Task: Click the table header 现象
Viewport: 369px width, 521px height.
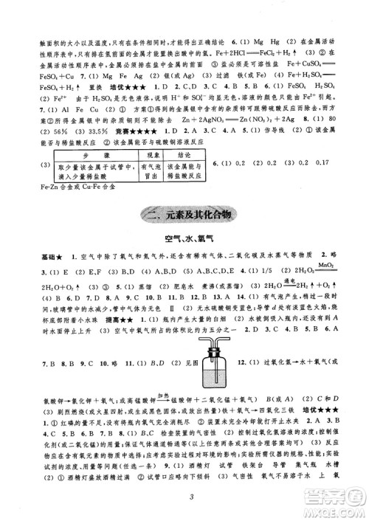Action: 152,158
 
